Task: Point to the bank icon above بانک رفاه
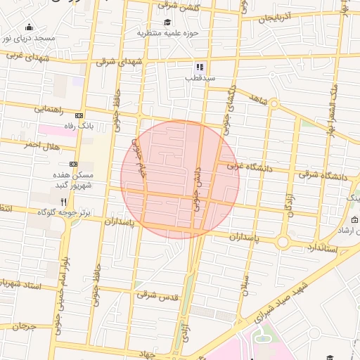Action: click(x=79, y=116)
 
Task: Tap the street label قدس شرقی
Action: click(x=157, y=297)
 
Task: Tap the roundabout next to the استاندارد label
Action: click(x=283, y=242)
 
